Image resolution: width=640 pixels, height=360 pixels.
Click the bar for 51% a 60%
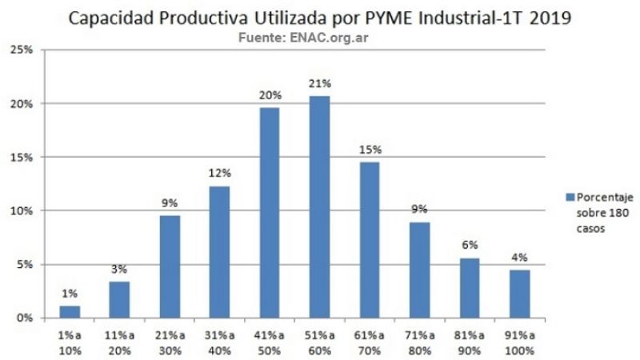tap(319, 207)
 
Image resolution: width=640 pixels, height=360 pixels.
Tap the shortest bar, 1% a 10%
tap(70, 311)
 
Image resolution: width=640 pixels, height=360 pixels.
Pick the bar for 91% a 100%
tap(519, 294)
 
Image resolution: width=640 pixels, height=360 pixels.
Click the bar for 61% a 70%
tap(369, 240)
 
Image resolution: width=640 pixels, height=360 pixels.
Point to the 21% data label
tap(319, 83)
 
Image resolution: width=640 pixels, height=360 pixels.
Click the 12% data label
tap(219, 173)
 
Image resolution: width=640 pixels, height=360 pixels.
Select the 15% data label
tap(370, 149)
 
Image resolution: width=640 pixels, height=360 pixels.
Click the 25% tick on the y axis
tap(21, 50)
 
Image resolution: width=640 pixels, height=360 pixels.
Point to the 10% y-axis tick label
tap(21, 210)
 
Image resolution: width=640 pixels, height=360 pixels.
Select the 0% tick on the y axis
tap(23, 318)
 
